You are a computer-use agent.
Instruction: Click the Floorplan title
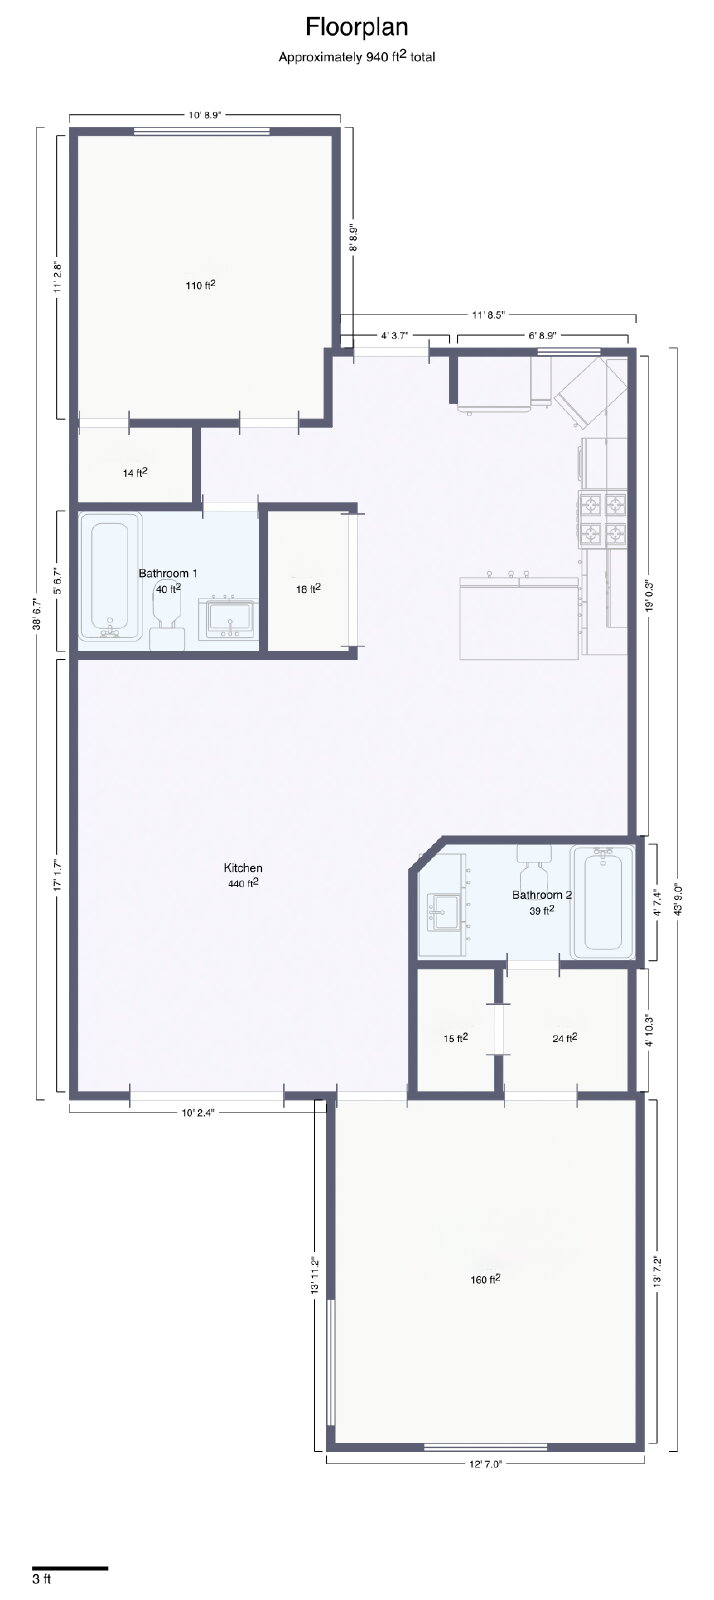point(356,28)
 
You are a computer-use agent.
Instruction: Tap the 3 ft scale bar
point(70,1569)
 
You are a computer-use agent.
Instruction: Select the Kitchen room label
point(243,868)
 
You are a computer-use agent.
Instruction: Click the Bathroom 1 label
point(168,573)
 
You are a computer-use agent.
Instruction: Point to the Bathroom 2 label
point(542,895)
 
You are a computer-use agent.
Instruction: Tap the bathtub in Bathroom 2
point(602,902)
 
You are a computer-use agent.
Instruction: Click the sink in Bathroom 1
point(228,619)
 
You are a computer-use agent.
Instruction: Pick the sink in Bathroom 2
point(442,911)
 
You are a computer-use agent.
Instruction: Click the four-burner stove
point(602,519)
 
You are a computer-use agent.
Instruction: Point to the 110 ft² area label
point(201,285)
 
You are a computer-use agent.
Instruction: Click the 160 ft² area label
point(485,1279)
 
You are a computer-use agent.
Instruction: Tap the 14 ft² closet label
point(135,472)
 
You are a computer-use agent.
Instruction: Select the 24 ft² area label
point(565,1038)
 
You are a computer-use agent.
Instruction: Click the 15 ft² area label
point(456,1038)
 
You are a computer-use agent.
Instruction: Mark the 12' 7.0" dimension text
point(486,1463)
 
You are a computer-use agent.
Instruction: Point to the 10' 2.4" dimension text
point(198,1112)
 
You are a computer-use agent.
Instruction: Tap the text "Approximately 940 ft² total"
point(356,56)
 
